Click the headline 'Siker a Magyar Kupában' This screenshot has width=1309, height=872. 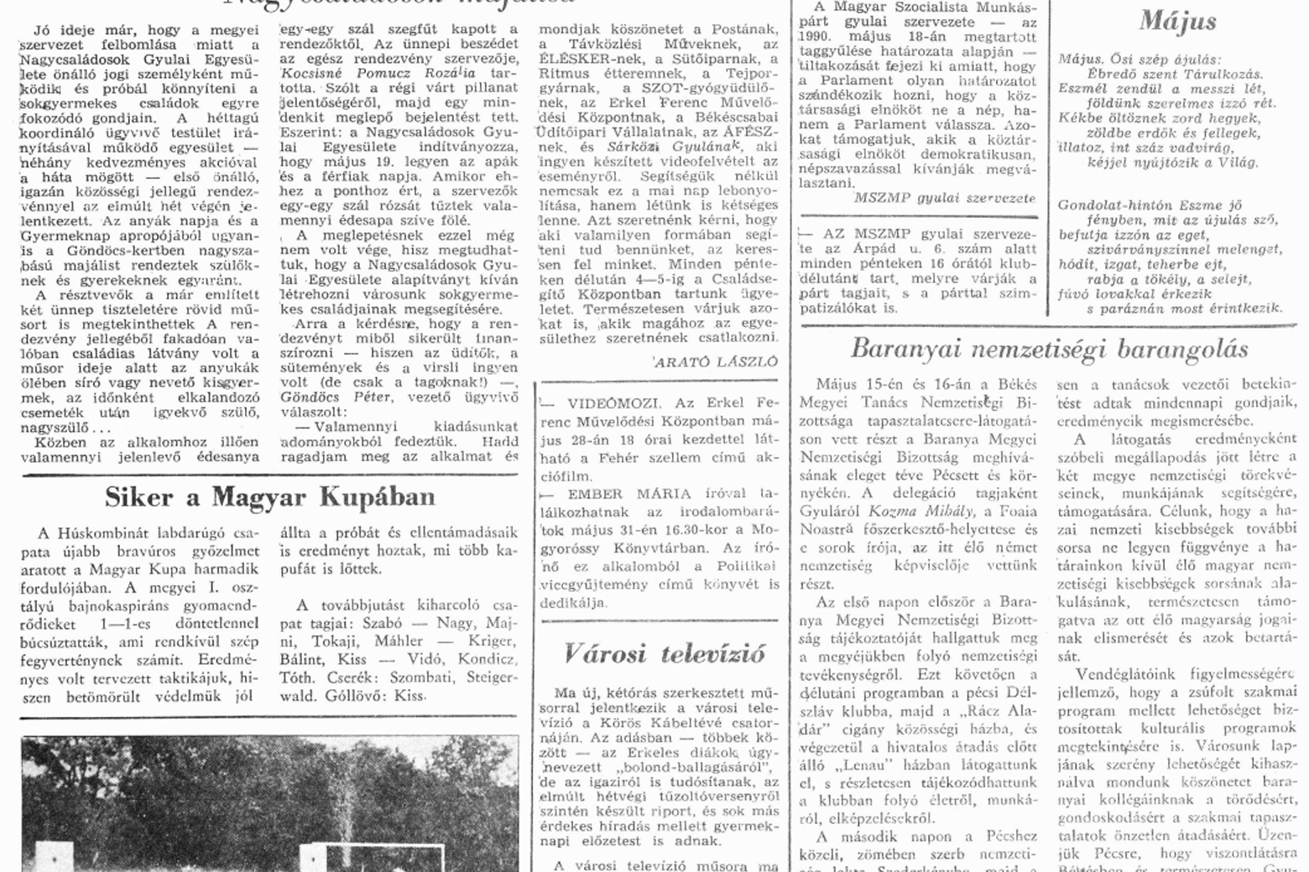(x=269, y=497)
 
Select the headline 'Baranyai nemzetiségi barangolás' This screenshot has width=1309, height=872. (x=1049, y=348)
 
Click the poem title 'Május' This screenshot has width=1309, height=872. (x=1177, y=21)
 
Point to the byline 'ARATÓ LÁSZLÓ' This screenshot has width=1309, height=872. (x=715, y=361)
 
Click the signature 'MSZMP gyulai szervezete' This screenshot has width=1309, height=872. (x=944, y=199)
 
